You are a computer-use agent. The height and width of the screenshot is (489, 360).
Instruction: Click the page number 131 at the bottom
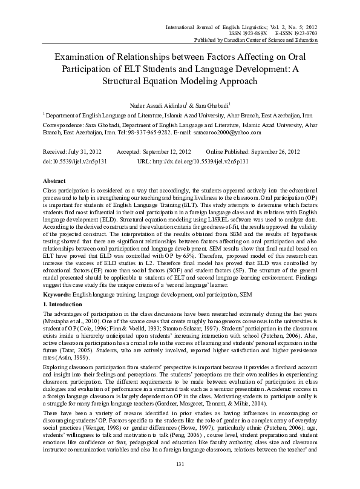[x=180, y=464]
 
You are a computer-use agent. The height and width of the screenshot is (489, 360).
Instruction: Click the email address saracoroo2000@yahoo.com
[x=227, y=131]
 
